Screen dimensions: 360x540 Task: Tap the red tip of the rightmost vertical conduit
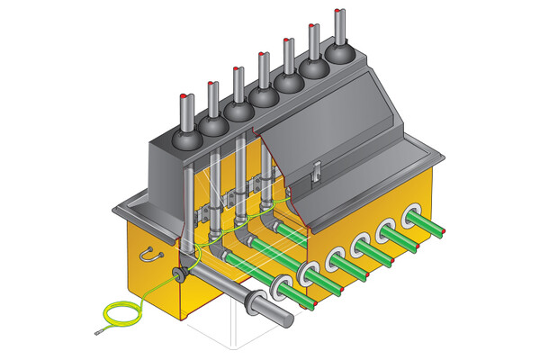click(337, 10)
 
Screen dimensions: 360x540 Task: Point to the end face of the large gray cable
click(287, 317)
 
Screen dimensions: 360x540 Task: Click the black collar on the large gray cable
click(246, 301)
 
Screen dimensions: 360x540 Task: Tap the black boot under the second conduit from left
click(212, 125)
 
